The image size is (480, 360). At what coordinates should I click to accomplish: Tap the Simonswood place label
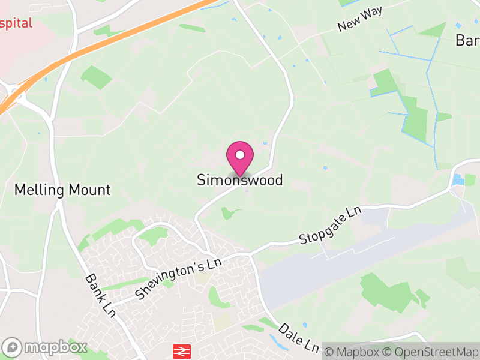pos(240,180)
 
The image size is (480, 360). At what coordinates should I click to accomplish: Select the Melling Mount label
pos(62,190)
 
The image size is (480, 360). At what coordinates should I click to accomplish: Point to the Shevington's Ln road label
pos(178,279)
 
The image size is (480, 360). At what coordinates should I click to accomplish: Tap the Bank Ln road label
pos(100,295)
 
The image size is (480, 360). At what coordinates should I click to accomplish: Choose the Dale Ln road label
pos(298,339)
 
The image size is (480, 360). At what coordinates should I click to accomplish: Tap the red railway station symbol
pos(181,350)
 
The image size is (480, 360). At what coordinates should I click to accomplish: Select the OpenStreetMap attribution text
pos(432,352)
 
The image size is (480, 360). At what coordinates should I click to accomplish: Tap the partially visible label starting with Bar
pos(467,40)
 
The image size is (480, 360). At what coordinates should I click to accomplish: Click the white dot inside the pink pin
pos(240,155)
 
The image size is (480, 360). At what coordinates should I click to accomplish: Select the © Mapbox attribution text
pos(358,352)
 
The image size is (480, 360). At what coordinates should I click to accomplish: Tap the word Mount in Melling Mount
pos(89,190)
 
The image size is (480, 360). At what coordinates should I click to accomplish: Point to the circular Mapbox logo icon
pos(12,347)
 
